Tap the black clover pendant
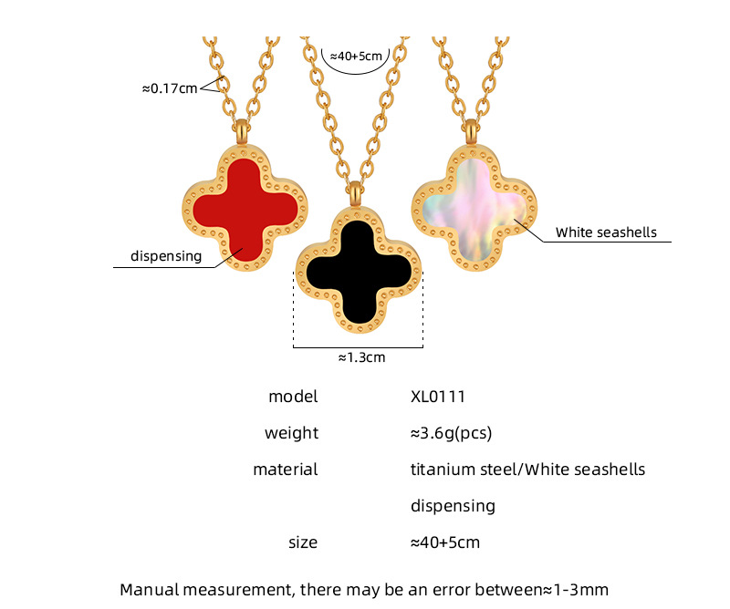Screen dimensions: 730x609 358,266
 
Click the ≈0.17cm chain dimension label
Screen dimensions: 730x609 169,89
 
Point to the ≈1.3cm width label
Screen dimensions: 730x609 361,357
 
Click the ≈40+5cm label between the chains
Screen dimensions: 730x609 357,56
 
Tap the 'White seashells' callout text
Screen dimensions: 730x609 606,232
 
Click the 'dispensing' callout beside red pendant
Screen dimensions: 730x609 165,256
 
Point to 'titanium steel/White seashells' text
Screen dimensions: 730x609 527,470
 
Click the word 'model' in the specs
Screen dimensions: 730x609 293,397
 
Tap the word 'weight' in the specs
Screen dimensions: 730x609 291,433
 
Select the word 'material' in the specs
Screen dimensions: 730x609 286,470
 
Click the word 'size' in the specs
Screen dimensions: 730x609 303,542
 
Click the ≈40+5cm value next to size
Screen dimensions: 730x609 445,542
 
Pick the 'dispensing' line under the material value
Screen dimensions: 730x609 453,506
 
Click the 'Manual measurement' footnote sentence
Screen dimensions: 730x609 364,590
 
